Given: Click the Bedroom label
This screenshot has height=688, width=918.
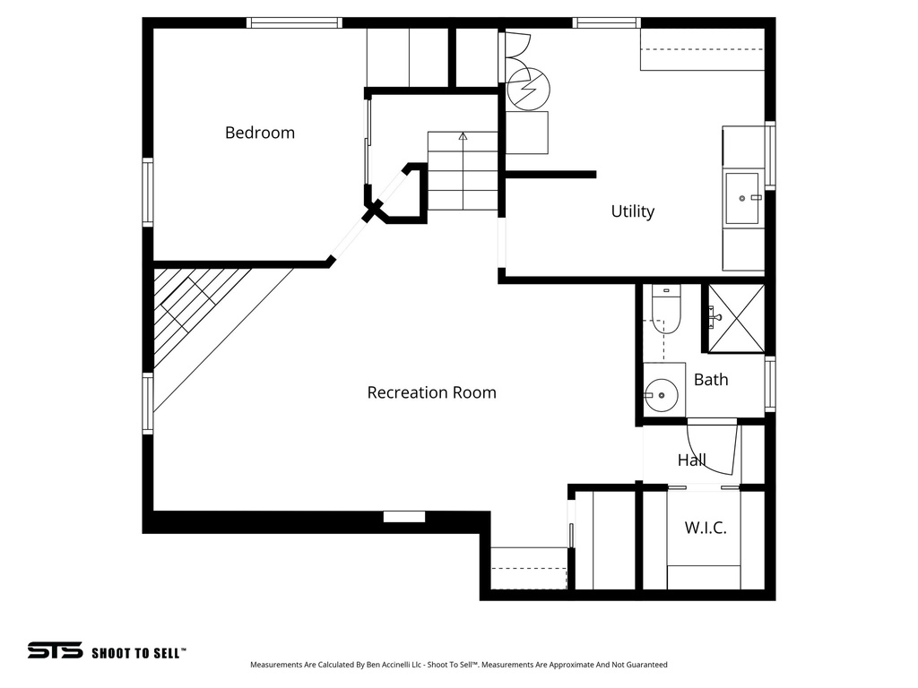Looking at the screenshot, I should tap(259, 133).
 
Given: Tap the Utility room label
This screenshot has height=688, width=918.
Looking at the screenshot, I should tap(632, 211).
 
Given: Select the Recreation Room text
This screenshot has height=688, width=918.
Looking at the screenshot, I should tap(431, 392).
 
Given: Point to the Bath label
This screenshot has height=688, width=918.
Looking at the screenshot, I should tap(711, 380).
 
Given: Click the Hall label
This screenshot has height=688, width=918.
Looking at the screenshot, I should tap(691, 460).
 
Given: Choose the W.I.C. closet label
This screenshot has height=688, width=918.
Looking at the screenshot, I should tap(706, 528).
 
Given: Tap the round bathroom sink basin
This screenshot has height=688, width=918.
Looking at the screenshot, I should tap(662, 392).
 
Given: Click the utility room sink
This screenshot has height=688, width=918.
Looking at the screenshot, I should tap(743, 198).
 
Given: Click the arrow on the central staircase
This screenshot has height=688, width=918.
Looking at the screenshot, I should tap(463, 137).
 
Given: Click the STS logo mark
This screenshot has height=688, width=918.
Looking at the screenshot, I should tap(55, 650).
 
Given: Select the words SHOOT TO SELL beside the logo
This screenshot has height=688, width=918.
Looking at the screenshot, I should tap(139, 653).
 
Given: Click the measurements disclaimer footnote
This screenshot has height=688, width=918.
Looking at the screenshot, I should tap(458, 665).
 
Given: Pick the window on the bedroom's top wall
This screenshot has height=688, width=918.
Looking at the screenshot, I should tap(295, 22).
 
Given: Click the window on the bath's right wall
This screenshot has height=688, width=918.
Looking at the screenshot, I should tap(769, 384).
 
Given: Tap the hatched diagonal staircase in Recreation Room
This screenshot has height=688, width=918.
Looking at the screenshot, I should tap(193, 314).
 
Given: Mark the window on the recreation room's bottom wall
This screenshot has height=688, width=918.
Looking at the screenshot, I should tap(404, 517).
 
